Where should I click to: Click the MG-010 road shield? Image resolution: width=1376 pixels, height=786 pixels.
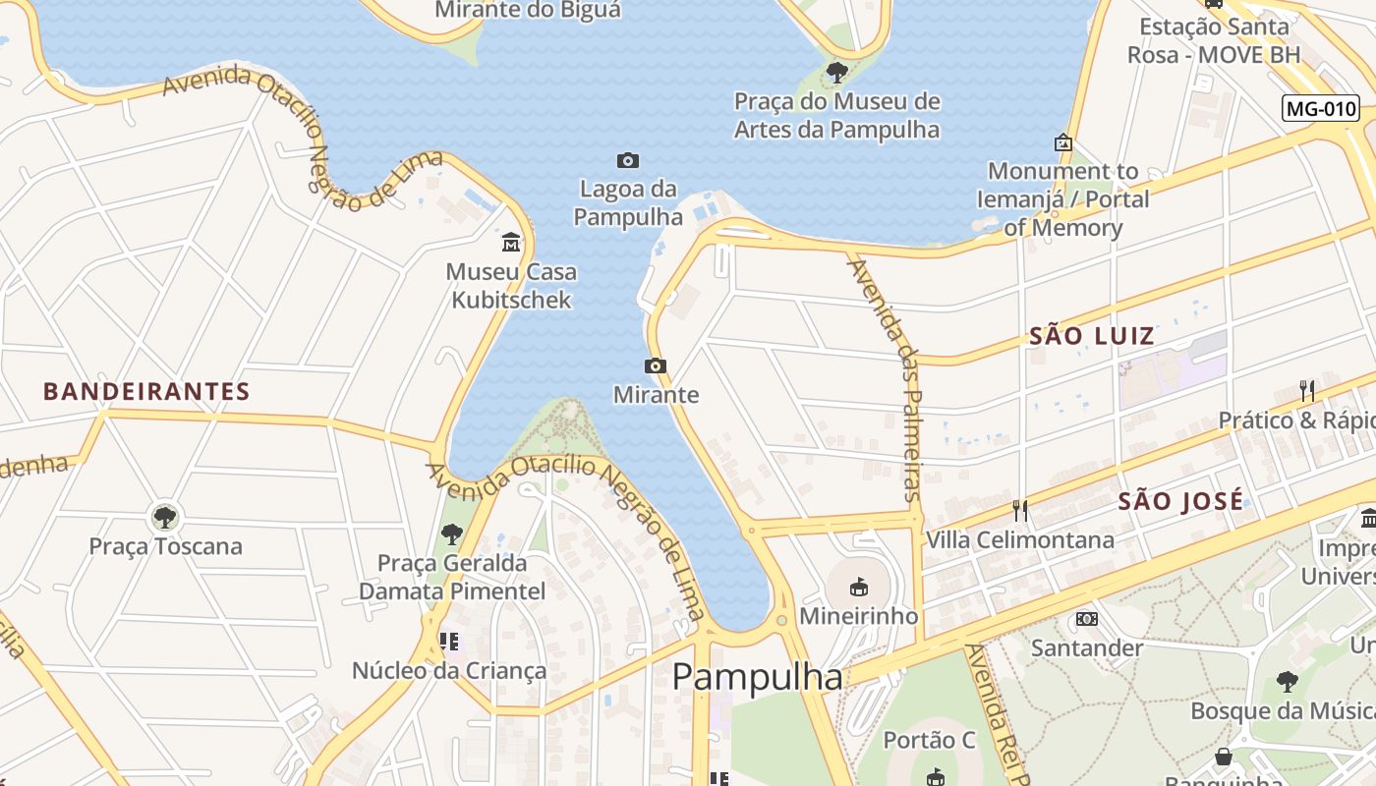[x=1320, y=108]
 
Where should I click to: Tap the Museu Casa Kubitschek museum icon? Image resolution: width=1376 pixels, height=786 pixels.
[x=511, y=242]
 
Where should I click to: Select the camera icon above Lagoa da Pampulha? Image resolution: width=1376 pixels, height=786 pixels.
[x=627, y=160]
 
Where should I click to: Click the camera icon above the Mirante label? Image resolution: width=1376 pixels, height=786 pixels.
[x=655, y=366]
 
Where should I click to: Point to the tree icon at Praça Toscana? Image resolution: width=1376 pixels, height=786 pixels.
[x=164, y=517]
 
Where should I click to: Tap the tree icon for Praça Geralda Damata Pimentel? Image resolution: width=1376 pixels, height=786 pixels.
[x=451, y=534]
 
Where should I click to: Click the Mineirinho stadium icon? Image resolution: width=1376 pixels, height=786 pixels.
[x=858, y=588]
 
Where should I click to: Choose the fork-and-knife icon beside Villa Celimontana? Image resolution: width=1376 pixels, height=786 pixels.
[x=1020, y=510]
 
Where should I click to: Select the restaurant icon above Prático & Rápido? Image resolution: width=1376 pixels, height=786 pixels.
[x=1306, y=390]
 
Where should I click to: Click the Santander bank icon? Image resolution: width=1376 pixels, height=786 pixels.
[x=1086, y=619]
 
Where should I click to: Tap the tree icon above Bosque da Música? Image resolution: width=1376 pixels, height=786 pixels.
[x=1287, y=681]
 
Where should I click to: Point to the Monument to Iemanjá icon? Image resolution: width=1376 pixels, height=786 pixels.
[x=1062, y=142]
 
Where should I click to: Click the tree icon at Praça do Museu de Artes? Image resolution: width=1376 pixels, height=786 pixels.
[x=836, y=72]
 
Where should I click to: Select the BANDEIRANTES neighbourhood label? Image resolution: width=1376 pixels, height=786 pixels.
[x=146, y=391]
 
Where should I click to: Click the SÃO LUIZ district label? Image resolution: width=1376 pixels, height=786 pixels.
[x=1091, y=336]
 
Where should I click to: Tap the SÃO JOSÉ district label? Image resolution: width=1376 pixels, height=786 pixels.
[x=1180, y=501]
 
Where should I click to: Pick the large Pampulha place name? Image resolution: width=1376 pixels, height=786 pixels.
[x=757, y=677]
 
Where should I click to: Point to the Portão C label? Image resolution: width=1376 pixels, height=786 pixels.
[x=930, y=740]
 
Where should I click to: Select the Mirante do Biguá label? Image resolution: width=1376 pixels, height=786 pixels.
[x=528, y=11]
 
